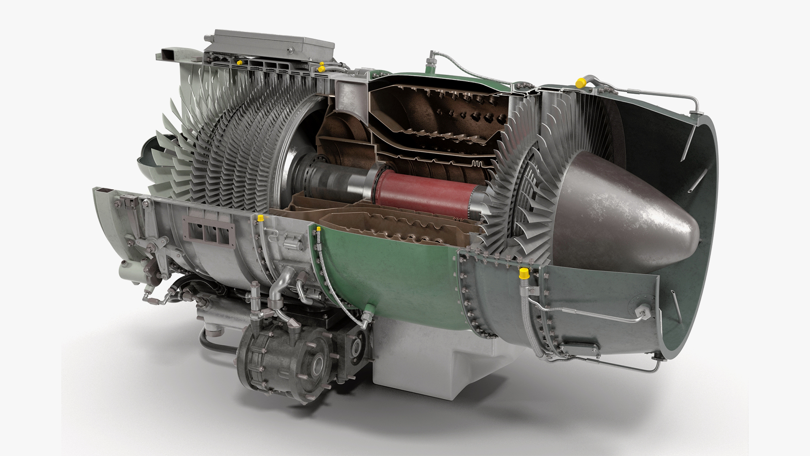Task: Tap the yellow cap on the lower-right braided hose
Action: pyautogui.click(x=524, y=273)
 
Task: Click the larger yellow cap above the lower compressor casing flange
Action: pyautogui.click(x=260, y=218)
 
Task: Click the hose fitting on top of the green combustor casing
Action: pyautogui.click(x=432, y=61)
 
